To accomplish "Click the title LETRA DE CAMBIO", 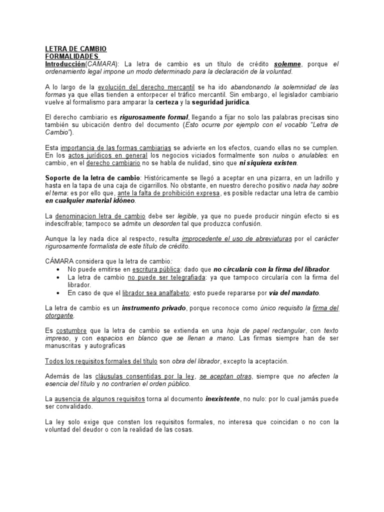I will coord(75,49).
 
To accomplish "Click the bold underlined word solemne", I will coord(287,64).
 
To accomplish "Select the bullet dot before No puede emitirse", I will coord(60,269).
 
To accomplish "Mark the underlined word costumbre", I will coord(71,330).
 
